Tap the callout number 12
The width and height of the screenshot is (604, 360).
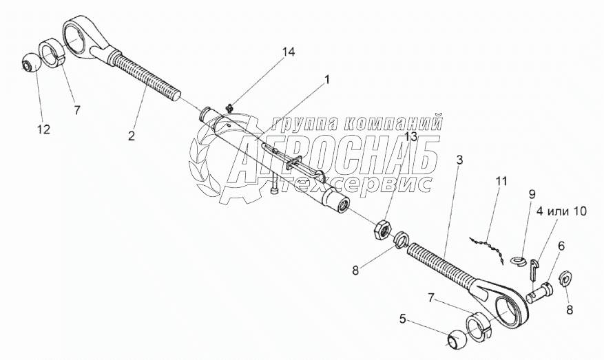click(x=43, y=129)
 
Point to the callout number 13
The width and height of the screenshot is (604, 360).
click(x=411, y=137)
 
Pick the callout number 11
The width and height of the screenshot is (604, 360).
click(x=501, y=182)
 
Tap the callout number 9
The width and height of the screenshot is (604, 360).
click(x=532, y=195)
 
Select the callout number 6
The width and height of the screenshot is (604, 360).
click(x=561, y=244)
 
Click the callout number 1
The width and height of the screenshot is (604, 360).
click(x=326, y=80)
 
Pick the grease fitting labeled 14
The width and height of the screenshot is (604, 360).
click(x=230, y=106)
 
